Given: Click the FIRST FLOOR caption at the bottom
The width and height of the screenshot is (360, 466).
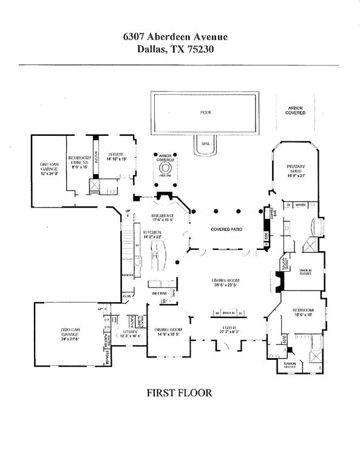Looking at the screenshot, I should point(180,393).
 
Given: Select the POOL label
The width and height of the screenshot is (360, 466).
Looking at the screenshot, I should point(206,113).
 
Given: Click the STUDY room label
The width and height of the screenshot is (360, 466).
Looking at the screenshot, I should point(115,155).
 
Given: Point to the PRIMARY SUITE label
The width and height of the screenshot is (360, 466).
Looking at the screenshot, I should point(296,169).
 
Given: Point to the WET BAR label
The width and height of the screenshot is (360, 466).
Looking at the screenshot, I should point(160,293).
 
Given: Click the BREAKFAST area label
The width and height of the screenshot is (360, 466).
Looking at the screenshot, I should point(163,216).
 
